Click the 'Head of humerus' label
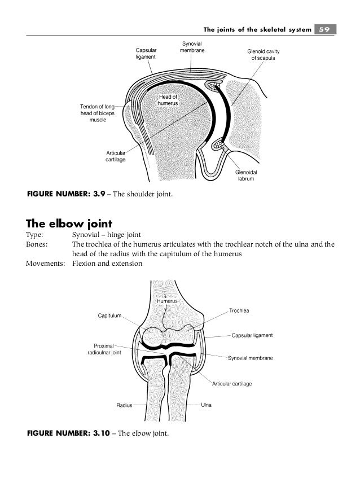click(x=168, y=100)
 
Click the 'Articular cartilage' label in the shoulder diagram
click(x=116, y=156)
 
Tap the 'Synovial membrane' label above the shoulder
click(x=192, y=47)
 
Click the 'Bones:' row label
click(x=38, y=245)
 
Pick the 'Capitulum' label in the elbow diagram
click(x=110, y=316)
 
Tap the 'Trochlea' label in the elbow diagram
click(x=239, y=311)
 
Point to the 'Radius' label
click(x=124, y=405)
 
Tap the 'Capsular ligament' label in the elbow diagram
click(x=252, y=335)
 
